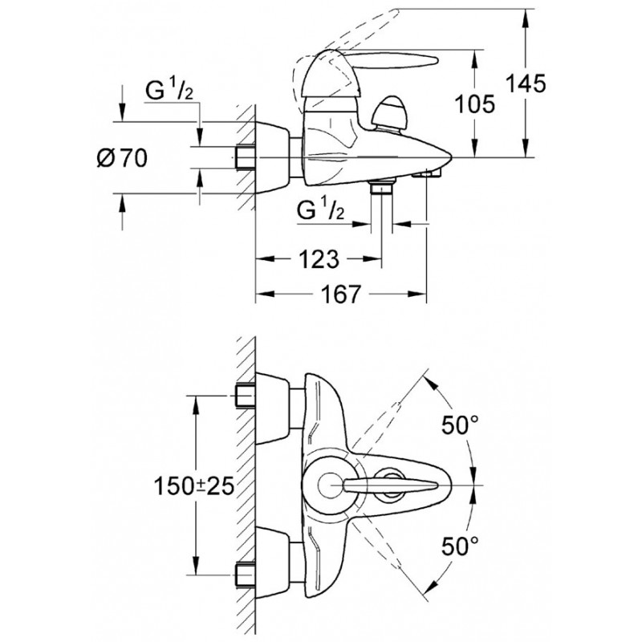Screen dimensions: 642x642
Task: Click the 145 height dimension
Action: point(526,84)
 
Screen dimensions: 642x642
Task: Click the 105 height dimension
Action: point(475,104)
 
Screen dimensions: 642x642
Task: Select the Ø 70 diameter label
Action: point(122,158)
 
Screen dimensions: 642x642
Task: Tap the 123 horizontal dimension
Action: point(319,258)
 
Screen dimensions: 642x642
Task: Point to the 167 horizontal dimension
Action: point(341,294)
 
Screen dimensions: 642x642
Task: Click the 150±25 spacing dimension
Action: point(193,486)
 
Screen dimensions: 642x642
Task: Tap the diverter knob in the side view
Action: point(389,113)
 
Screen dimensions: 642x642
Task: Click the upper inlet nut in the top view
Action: point(245,396)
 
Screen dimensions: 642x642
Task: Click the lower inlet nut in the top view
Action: point(245,575)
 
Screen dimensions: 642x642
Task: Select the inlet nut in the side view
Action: point(245,157)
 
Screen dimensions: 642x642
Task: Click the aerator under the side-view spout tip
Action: point(426,173)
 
